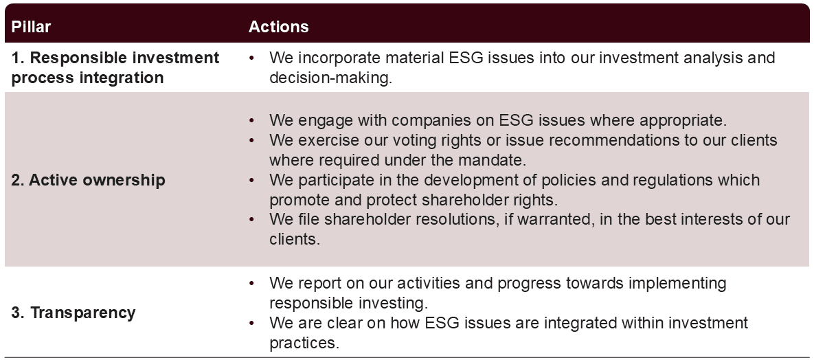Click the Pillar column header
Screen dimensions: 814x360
[31, 27]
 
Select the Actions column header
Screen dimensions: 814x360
[278, 27]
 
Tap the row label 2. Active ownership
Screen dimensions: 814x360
[88, 180]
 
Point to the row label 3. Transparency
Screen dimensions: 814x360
[74, 313]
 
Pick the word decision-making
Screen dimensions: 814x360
[330, 78]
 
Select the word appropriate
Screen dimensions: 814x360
[683, 120]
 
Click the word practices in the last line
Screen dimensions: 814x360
[304, 343]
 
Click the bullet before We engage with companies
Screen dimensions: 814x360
[252, 121]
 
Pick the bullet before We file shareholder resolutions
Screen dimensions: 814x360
[252, 220]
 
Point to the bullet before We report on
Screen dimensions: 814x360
[252, 284]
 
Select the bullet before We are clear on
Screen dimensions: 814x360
[252, 323]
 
